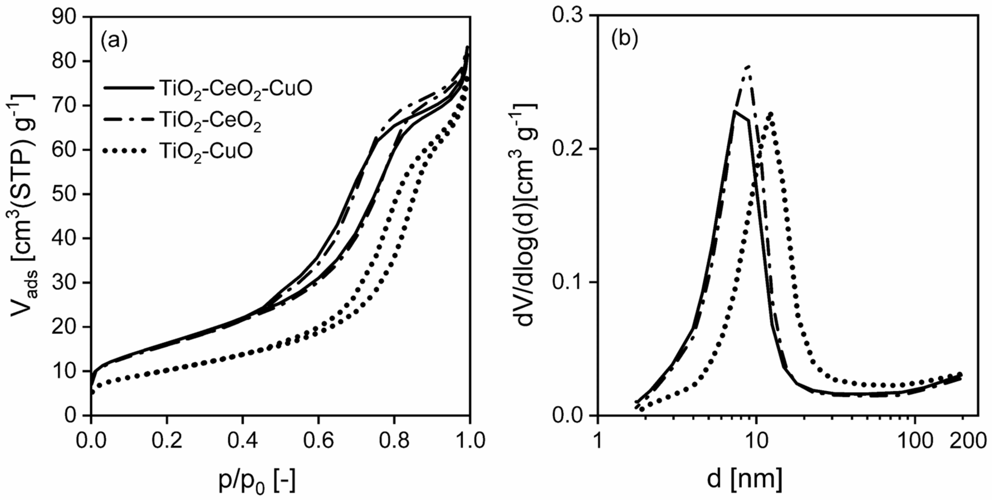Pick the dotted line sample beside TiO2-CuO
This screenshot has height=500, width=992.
tap(125, 151)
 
